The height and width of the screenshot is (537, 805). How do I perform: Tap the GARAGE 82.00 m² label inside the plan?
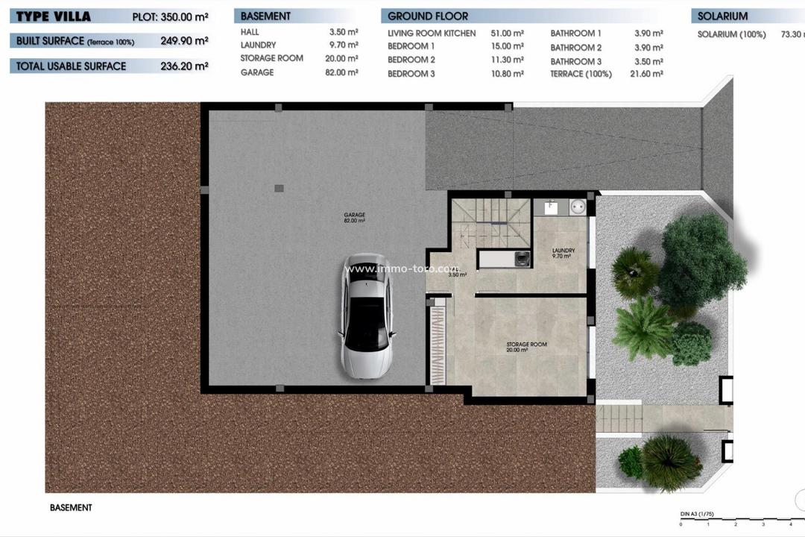click(x=354, y=217)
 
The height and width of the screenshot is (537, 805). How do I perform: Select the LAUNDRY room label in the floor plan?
click(x=562, y=253)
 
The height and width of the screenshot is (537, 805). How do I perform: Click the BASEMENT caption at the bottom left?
click(x=71, y=507)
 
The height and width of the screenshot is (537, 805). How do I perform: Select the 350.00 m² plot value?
click(x=184, y=16)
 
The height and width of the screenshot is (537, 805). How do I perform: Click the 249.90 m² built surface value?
click(x=184, y=42)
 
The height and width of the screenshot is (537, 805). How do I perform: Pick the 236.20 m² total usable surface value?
click(x=184, y=66)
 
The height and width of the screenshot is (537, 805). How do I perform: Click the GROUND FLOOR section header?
click(x=428, y=16)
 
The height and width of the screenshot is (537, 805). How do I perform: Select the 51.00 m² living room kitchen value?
click(x=508, y=34)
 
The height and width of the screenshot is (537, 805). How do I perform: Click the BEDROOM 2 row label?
click(x=411, y=60)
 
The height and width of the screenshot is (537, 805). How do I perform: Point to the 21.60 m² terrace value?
click(x=648, y=74)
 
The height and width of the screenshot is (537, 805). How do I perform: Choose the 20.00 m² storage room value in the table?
click(x=344, y=58)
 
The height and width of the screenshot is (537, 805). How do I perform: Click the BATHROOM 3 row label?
click(x=575, y=61)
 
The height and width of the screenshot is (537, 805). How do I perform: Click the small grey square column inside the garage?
click(x=279, y=188)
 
